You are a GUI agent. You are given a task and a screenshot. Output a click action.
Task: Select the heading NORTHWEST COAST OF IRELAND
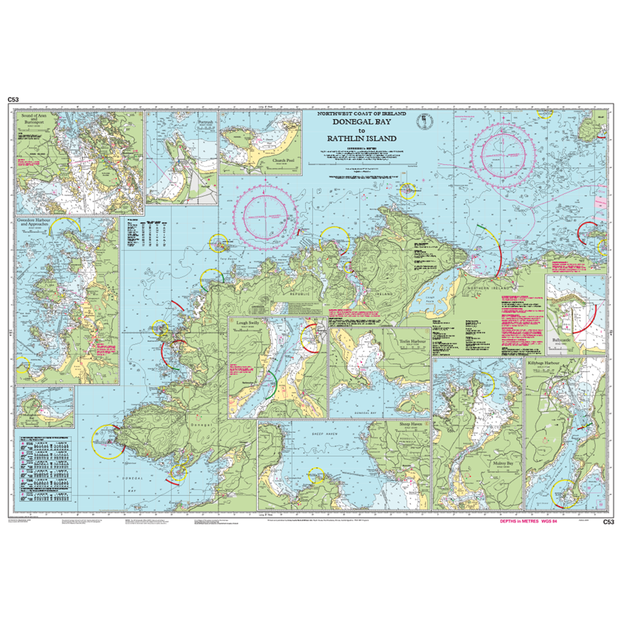coord(361,114)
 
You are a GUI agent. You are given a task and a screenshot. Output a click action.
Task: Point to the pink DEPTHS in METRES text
coord(520,522)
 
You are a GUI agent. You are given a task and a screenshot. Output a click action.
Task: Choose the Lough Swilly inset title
coord(248,323)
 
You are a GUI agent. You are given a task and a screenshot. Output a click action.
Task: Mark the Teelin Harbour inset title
coord(412,341)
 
